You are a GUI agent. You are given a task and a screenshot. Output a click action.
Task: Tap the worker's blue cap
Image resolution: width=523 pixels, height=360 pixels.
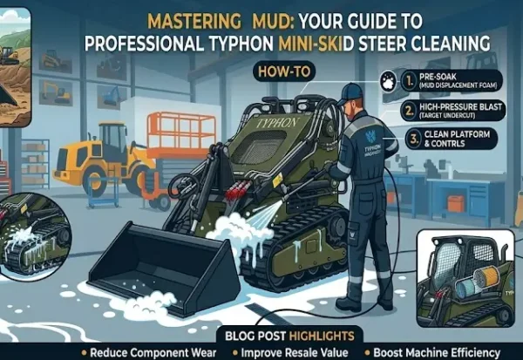[350, 91]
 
